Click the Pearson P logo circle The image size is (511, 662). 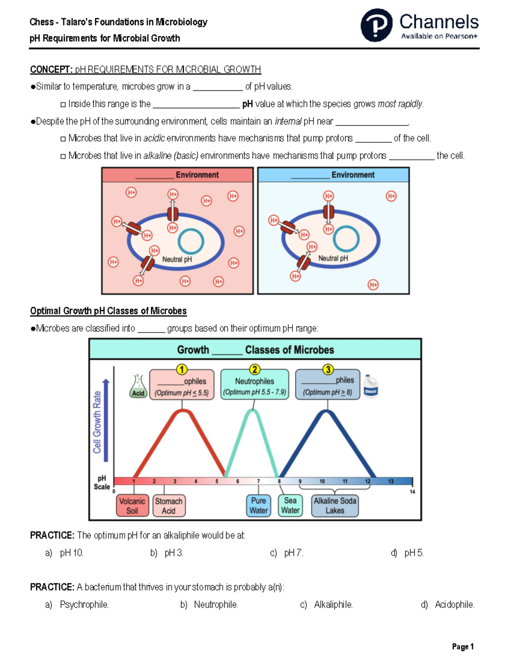click(376, 25)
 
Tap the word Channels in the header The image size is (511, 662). click(439, 22)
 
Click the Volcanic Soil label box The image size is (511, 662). click(132, 506)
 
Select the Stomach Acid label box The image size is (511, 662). click(169, 506)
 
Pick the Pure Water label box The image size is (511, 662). click(258, 506)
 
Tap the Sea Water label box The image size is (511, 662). click(290, 506)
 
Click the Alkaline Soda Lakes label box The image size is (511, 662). click(335, 506)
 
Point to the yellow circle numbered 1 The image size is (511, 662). click(182, 370)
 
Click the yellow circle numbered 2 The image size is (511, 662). click(255, 370)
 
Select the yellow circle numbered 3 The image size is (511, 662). click(328, 370)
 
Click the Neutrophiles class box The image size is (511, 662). click(255, 385)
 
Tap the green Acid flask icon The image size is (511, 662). click(138, 387)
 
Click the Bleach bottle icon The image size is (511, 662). click(370, 386)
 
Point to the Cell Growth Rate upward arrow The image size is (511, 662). click(106, 420)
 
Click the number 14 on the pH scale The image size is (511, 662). click(412, 492)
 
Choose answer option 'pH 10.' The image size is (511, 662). click(71, 553)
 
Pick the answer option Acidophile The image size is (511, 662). click(454, 604)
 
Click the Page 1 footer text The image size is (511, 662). click(462, 647)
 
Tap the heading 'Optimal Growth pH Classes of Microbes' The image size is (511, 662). click(108, 311)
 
